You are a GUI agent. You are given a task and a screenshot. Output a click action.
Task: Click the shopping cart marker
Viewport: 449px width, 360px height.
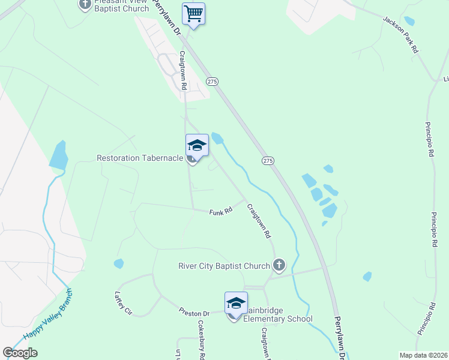click(193, 13)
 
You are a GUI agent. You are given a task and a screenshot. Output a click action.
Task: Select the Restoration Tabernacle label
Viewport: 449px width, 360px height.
click(139, 158)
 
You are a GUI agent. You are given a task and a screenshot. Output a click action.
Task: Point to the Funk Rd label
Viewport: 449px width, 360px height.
click(220, 211)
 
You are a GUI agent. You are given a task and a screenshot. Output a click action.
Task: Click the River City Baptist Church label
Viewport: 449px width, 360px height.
click(224, 266)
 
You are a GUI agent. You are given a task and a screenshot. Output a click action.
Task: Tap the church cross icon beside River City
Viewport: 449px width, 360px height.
click(279, 264)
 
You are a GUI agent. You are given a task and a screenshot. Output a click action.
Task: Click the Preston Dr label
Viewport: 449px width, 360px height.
click(193, 313)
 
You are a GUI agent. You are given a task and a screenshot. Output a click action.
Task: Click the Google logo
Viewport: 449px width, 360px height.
click(20, 353)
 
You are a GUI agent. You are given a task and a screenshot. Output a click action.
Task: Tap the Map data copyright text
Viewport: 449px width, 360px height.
click(423, 355)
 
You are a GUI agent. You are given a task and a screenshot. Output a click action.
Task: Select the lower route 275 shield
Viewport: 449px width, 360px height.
click(268, 161)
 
